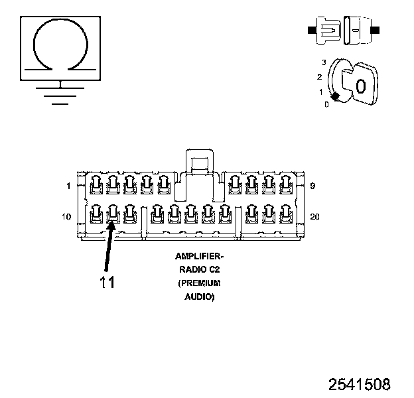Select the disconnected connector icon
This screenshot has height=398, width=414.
pos(342,30)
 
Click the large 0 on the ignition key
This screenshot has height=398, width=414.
pos(360,86)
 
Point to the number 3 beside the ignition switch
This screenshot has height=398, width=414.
pos(323,62)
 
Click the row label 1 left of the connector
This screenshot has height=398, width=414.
pos(68,186)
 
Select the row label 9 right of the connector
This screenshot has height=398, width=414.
pos(312,186)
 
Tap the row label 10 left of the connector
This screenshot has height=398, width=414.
pos(66,217)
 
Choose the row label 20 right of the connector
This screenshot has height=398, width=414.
pos(314,217)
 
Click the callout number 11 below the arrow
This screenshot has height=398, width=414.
pos(107,281)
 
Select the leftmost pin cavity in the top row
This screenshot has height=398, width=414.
pos(96,184)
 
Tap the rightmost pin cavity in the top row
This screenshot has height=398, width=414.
pos(286,184)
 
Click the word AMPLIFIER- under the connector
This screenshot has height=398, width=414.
pos(199,256)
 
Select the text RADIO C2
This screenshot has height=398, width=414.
pos(199,269)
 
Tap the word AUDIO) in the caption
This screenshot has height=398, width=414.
pos(199,297)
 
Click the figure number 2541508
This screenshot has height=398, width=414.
pos(359,384)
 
